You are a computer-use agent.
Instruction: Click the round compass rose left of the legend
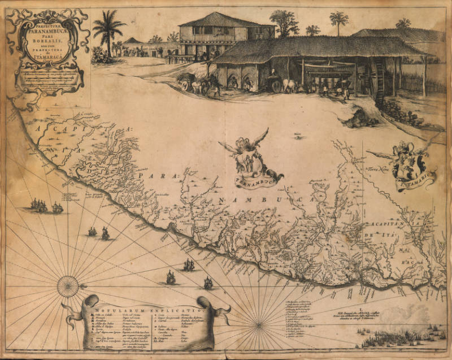[68, 286]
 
